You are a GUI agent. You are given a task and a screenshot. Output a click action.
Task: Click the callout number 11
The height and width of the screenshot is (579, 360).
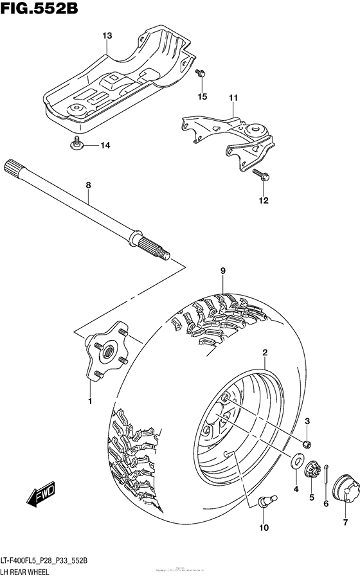point(232,97)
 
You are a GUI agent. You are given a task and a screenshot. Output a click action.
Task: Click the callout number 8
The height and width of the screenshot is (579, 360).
point(89,185)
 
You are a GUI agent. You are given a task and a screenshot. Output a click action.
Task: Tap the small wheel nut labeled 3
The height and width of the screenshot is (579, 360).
point(307,443)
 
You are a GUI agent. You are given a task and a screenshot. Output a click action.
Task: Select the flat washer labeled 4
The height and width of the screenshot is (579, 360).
point(298,461)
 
